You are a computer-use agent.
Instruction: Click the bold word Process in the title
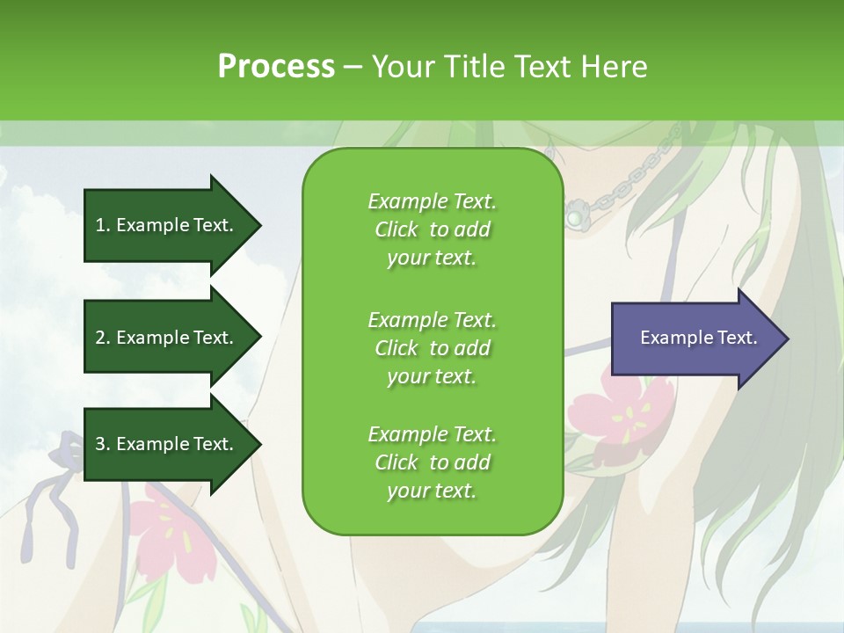[x=276, y=67]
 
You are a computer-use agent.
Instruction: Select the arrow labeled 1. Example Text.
[x=171, y=225]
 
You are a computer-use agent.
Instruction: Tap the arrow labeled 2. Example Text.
[x=171, y=338]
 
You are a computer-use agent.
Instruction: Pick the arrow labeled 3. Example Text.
[x=171, y=444]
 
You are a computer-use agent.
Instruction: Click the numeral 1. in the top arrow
[x=103, y=225]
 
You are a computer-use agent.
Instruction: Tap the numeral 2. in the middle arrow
[x=103, y=338]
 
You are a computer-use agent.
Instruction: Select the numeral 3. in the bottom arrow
[x=103, y=444]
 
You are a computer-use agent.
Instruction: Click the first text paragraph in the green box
[x=432, y=229]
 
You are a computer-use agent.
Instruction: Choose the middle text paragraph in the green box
[x=432, y=347]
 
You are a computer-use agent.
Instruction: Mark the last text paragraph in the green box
[x=432, y=462]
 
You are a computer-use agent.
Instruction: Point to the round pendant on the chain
[x=575, y=215]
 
